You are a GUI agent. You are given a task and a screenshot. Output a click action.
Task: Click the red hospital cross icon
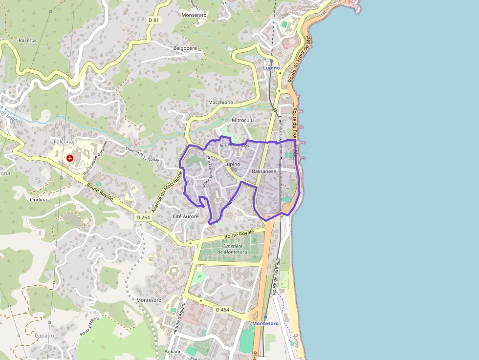tap(70, 158)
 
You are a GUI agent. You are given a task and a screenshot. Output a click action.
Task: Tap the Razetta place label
tap(27, 41)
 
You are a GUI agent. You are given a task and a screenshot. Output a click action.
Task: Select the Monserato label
tap(194, 15)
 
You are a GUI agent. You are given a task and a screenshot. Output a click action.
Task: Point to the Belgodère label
tap(185, 48)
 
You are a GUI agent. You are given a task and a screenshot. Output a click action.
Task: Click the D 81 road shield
tap(153, 20)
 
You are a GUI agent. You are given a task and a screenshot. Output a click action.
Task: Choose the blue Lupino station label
tap(271, 67)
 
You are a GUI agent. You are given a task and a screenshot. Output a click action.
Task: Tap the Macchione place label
tap(220, 103)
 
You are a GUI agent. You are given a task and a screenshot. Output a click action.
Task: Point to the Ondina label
tap(38, 199)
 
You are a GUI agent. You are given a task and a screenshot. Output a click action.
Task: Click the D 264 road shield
tap(143, 217)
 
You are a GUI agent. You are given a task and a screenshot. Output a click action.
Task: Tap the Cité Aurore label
tap(186, 216)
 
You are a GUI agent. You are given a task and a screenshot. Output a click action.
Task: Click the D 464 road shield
tap(222, 310)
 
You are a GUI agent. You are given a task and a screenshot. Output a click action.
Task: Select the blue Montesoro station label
tap(265, 323)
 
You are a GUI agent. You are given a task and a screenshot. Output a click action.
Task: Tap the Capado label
tap(44, 336)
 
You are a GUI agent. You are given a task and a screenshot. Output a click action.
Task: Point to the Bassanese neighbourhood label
tap(264, 171)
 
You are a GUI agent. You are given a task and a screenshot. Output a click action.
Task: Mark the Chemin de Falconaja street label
tap(143, 155)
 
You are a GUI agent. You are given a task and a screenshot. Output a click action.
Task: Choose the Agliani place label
tap(172, 351)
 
